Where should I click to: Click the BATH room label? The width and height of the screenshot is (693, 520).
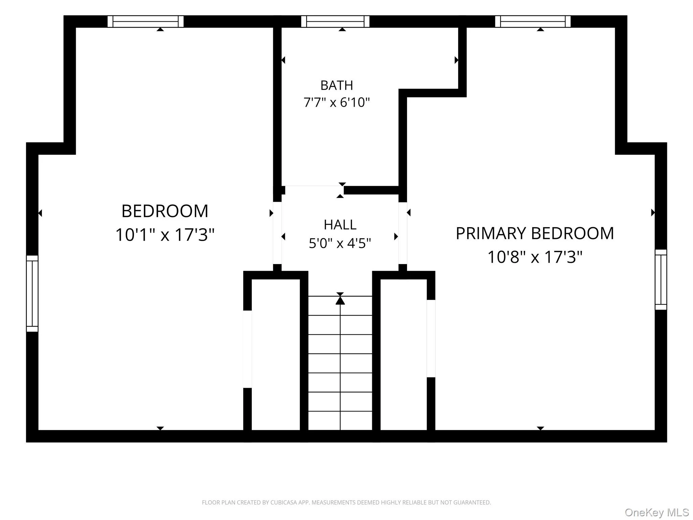click(x=337, y=85)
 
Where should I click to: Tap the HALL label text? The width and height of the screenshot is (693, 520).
click(x=340, y=225)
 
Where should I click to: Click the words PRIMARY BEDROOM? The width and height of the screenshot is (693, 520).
click(x=535, y=233)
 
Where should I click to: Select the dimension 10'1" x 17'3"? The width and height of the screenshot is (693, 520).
click(x=165, y=235)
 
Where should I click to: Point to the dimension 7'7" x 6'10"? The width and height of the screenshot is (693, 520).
click(x=337, y=102)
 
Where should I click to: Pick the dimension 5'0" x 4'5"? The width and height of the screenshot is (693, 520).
click(x=340, y=243)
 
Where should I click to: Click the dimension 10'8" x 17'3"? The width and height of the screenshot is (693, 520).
click(x=535, y=257)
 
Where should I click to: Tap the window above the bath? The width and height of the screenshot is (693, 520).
click(x=335, y=21)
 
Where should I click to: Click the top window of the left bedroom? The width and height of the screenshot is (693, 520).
click(x=146, y=21)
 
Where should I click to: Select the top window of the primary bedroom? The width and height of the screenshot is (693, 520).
click(x=533, y=21)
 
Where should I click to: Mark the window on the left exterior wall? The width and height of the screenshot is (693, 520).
click(x=32, y=294)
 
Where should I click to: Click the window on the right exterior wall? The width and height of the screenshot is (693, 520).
click(x=661, y=280)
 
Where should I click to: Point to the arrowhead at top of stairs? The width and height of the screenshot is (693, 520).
click(x=340, y=300)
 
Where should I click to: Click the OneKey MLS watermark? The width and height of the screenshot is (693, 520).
click(x=657, y=513)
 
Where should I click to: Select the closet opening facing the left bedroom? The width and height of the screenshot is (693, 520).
click(x=247, y=349)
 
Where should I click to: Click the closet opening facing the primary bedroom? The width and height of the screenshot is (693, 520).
click(x=431, y=339)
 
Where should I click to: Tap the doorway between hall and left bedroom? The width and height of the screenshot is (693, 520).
click(x=277, y=233)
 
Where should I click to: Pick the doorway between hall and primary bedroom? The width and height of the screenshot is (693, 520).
click(x=403, y=233)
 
